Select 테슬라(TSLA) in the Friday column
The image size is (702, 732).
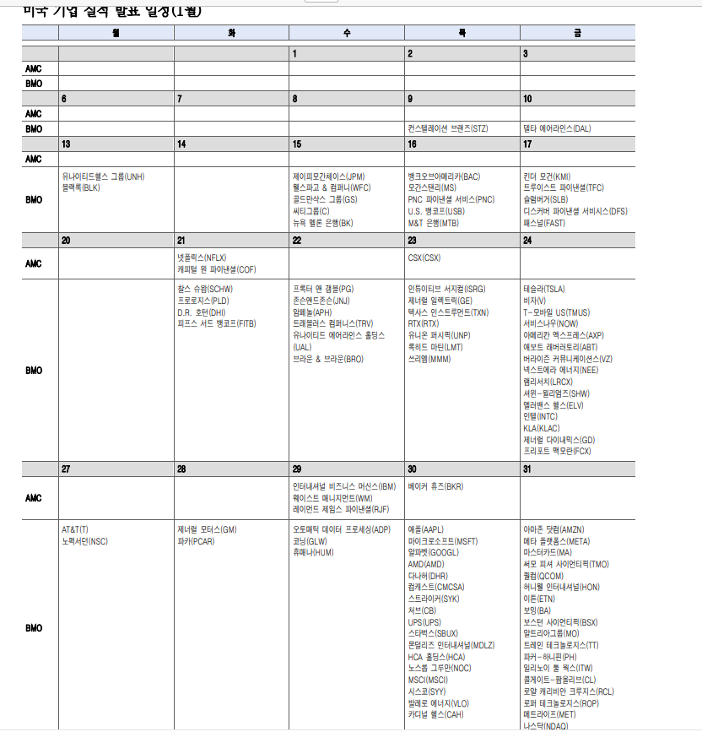click(544, 289)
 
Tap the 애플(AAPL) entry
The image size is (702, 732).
click(425, 529)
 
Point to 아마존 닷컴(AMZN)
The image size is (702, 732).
click(553, 529)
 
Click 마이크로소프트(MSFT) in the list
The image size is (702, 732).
click(442, 541)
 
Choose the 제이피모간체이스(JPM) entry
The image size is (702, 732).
click(328, 176)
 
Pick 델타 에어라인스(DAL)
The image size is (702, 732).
click(557, 129)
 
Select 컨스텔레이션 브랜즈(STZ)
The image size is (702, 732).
click(447, 129)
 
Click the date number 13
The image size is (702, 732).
click(66, 144)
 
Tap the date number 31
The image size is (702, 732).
click(527, 469)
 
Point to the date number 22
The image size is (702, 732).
click(297, 241)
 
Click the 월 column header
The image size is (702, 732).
click(116, 33)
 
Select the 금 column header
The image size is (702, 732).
click(577, 33)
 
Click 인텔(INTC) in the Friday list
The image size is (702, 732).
click(541, 416)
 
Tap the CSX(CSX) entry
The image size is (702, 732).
click(424, 258)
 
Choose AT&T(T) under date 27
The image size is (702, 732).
click(75, 529)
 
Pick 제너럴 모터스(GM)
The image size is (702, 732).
click(207, 529)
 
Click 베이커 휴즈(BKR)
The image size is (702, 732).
click(435, 486)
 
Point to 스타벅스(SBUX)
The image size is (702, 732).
click(433, 632)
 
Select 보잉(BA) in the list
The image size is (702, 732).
click(537, 610)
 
